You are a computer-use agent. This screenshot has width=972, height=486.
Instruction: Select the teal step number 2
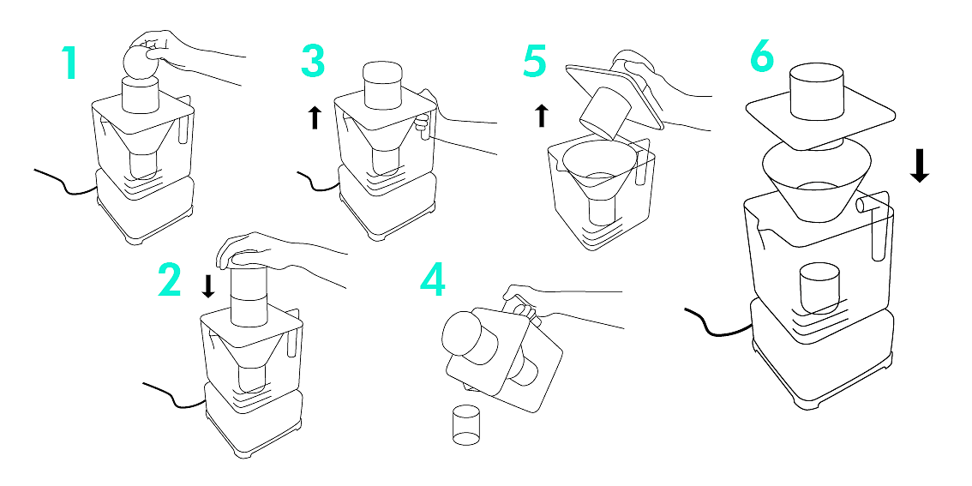click(x=170, y=279)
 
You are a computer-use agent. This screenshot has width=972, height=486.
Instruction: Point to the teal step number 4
click(x=434, y=279)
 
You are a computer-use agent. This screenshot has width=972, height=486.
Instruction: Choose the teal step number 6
click(x=762, y=58)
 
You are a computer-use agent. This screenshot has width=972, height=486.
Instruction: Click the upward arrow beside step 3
click(x=315, y=117)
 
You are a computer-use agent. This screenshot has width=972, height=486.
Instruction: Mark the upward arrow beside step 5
click(x=541, y=115)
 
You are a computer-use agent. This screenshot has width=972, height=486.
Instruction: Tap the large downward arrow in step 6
click(x=920, y=164)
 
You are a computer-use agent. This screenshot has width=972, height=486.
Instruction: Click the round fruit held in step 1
click(x=140, y=63)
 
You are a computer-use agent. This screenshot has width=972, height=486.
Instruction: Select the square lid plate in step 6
click(x=820, y=119)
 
